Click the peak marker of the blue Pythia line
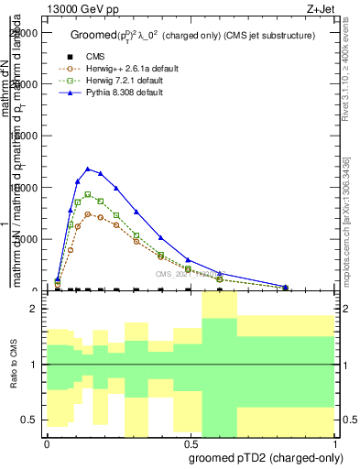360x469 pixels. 88,169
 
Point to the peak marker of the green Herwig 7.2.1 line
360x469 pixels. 88,194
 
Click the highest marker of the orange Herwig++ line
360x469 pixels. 88,214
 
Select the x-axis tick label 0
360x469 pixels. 46,441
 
